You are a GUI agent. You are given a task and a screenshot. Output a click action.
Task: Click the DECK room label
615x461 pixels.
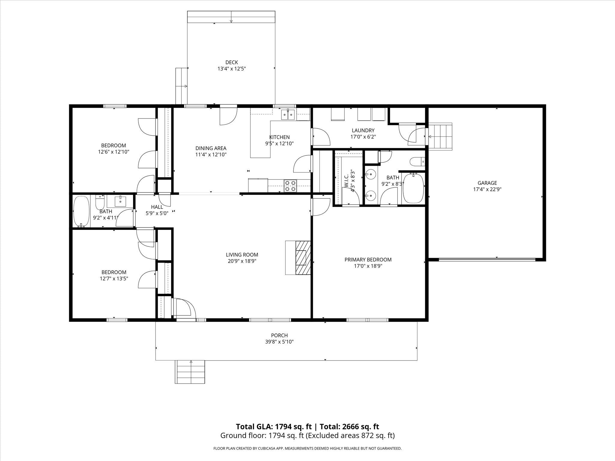coord(232,62)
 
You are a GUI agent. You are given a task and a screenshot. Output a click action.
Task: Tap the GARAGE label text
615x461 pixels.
coord(487,183)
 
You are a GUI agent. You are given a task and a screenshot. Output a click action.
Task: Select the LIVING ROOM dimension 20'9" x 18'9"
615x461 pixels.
coord(242,261)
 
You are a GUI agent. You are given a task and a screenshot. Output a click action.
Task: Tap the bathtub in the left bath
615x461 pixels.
coord(82,211)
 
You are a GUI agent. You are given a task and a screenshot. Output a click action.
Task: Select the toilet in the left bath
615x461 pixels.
coord(100,203)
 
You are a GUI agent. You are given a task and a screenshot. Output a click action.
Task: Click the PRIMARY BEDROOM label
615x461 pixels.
coord(368,260)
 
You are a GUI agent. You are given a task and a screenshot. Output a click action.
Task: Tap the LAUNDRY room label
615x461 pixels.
coord(363,130)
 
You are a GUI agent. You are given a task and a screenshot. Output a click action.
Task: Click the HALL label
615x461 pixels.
coord(157,207)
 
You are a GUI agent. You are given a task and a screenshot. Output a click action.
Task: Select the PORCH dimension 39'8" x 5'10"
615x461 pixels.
coord(279,342)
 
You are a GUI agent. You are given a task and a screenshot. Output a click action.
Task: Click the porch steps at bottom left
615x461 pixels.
coord(190,372)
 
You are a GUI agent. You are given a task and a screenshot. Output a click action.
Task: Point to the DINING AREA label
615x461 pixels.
coord(211,148)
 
